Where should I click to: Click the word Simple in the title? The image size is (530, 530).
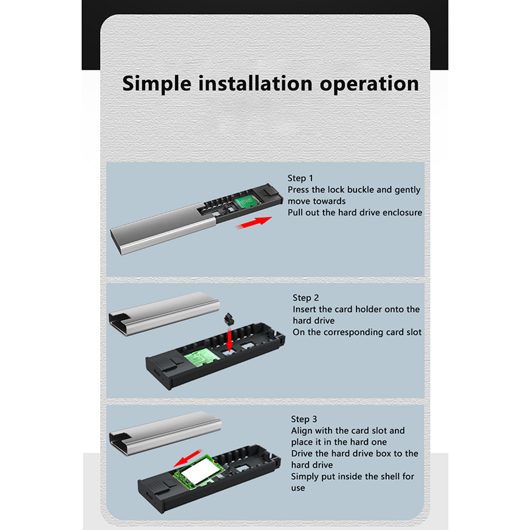coord(156,85)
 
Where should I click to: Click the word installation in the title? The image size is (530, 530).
coord(255,83)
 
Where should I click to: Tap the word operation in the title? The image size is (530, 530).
coord(369,85)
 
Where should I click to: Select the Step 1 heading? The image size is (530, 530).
coord(300,178)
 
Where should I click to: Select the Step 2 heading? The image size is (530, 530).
coord(305,297)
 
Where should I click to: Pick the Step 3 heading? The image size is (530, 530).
coord(304,419)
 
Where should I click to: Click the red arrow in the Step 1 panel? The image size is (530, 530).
coord(254,223)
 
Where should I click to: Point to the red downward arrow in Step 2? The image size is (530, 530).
coord(229,339)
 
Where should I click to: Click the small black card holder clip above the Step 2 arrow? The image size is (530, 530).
coord(229,319)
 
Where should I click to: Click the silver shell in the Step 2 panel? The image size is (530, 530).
coord(164,313)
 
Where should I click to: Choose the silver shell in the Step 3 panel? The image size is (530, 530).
coord(165,433)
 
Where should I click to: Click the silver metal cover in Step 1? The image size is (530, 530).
coord(163,229)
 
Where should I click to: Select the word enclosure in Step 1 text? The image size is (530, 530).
coord(401,213)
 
